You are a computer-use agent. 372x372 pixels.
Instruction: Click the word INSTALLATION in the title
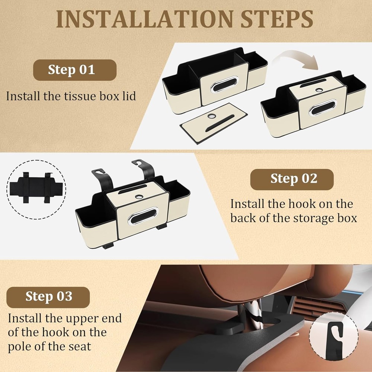click(x=145, y=19)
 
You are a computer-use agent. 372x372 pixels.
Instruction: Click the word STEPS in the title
click(x=277, y=19)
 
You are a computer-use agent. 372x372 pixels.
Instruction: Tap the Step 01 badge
click(x=75, y=70)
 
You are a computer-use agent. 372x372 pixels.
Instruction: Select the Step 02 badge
click(x=292, y=179)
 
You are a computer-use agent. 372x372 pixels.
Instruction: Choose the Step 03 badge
click(x=48, y=297)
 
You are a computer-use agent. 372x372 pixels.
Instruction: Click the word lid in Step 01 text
click(x=129, y=96)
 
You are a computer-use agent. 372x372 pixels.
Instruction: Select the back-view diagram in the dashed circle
click(x=36, y=187)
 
